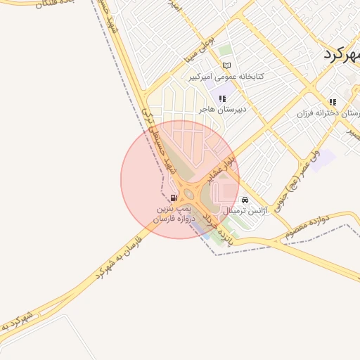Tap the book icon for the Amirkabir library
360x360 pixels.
pyautogui.click(x=227, y=66)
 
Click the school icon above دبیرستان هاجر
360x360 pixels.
pyautogui.click(x=222, y=99)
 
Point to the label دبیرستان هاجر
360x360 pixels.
pyautogui.click(x=221, y=110)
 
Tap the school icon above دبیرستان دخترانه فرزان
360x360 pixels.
pyautogui.click(x=333, y=102)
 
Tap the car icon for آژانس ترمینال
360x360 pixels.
pyautogui.click(x=244, y=200)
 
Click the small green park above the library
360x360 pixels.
pyautogui.click(x=224, y=51)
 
